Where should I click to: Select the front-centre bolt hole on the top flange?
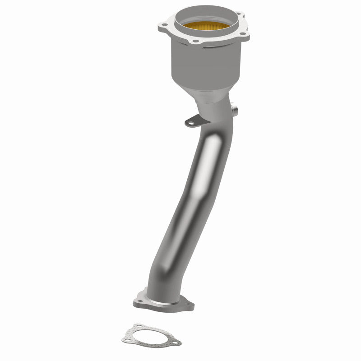195,42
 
